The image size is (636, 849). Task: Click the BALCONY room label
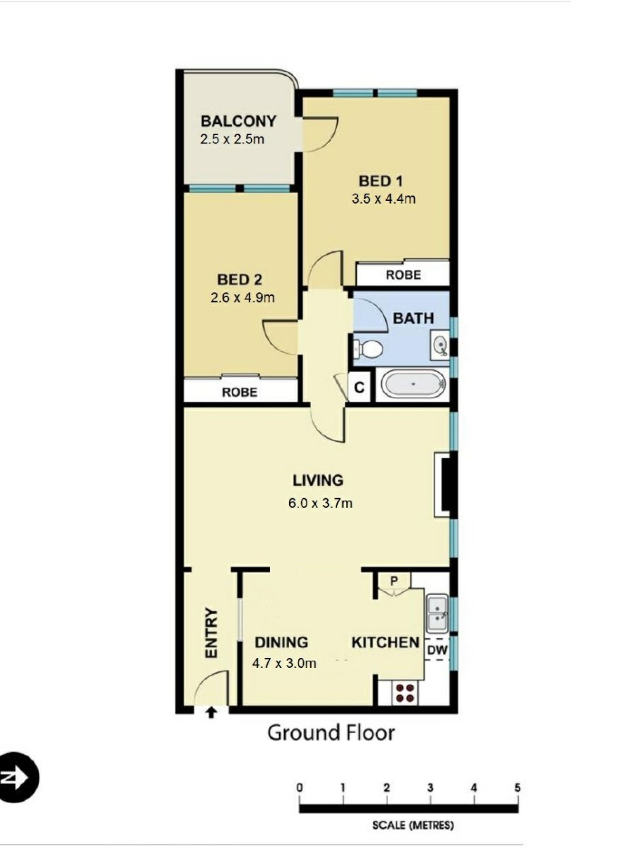(x=238, y=121)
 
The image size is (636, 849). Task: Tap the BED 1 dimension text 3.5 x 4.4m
(x=383, y=199)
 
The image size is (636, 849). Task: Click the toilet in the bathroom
(x=368, y=348)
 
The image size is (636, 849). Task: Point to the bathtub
(x=414, y=386)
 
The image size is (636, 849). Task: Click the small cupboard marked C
(x=359, y=388)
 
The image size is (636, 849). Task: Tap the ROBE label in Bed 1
(x=403, y=275)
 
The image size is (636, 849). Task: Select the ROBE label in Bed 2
(x=240, y=392)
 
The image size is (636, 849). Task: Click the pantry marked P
(x=394, y=582)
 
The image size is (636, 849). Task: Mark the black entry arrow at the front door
(x=211, y=712)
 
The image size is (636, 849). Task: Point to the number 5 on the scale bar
(x=518, y=787)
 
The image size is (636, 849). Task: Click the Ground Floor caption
(x=331, y=733)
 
